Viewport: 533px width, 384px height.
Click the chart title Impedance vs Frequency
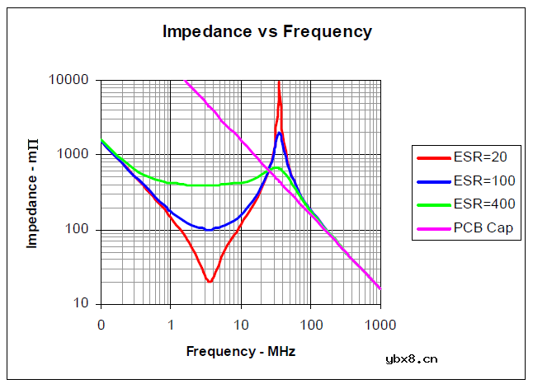[266, 32]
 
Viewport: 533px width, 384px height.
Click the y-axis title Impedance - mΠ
[33, 192]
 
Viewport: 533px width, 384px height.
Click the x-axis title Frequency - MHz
[240, 351]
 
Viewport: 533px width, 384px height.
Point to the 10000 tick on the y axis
[72, 80]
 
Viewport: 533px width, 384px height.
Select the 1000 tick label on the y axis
[75, 155]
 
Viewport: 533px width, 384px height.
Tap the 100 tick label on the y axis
[79, 230]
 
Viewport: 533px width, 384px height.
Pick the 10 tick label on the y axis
[83, 304]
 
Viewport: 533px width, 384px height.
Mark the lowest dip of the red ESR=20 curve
[210, 282]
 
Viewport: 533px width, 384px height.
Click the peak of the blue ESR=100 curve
[280, 133]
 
